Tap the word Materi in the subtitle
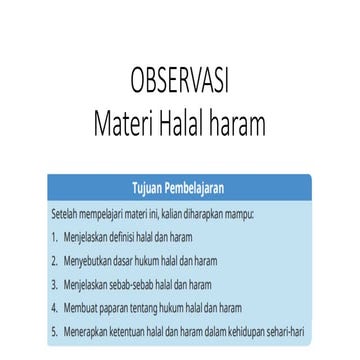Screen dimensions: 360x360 point(120,124)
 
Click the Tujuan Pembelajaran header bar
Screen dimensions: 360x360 point(180,188)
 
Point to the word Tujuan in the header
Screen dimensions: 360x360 point(149,188)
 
